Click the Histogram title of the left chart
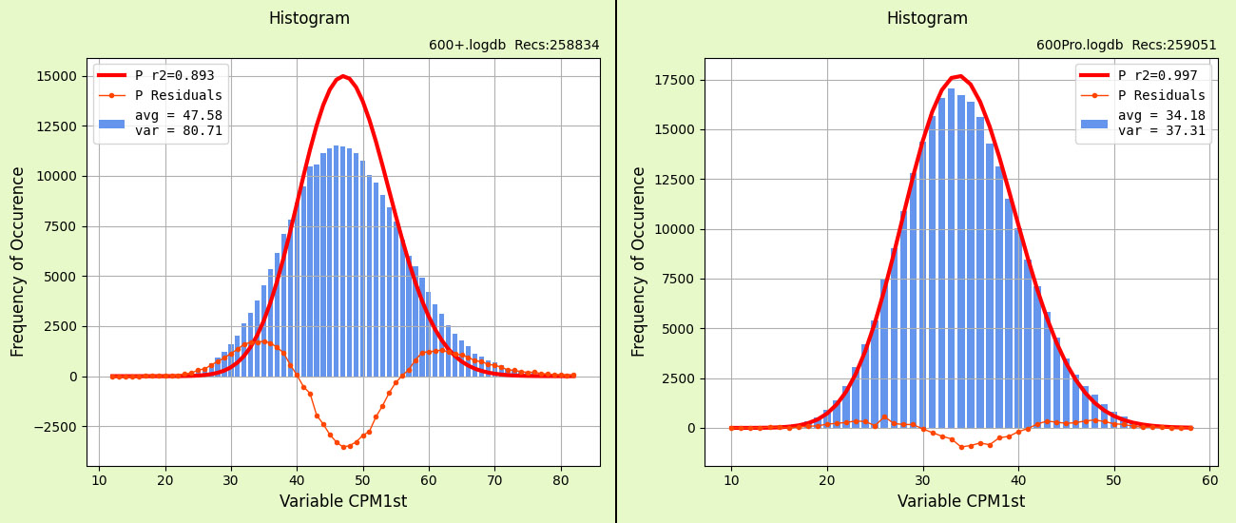tap(309, 19)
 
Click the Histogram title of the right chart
tap(927, 19)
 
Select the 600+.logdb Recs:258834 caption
tap(513, 46)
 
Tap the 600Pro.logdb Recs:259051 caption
tap(1126, 46)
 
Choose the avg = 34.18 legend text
tap(1161, 116)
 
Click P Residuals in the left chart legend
tap(178, 95)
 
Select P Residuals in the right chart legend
tap(1161, 95)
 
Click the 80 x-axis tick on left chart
tap(561, 480)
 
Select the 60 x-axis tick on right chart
tap(1209, 480)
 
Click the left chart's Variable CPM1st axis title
tap(343, 502)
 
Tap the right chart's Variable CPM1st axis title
tap(961, 502)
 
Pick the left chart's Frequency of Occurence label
tap(19, 261)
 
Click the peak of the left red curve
tap(343, 76)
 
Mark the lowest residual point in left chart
tap(343, 447)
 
